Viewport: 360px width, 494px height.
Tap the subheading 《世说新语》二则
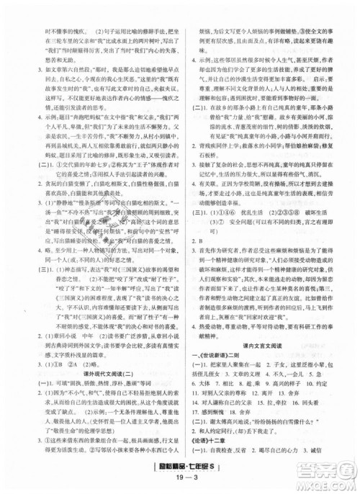click(215, 382)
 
